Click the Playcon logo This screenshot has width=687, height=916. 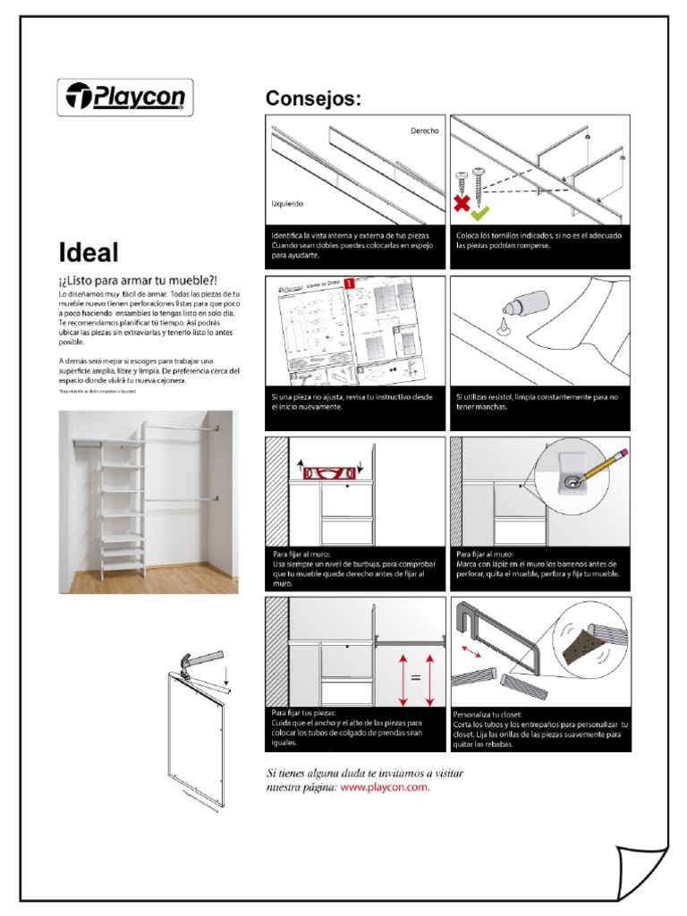point(125,98)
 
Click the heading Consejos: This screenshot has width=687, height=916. point(313,99)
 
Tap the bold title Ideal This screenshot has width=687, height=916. point(89,252)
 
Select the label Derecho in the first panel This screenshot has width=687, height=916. point(424,131)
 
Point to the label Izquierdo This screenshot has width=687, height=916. point(287,203)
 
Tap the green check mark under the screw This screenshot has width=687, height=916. point(480,213)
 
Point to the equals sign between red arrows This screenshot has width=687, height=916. point(415,677)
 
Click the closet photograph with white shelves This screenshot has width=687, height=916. point(148,502)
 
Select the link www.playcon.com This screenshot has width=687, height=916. point(385,787)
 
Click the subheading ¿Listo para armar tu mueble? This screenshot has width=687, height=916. point(139,280)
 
